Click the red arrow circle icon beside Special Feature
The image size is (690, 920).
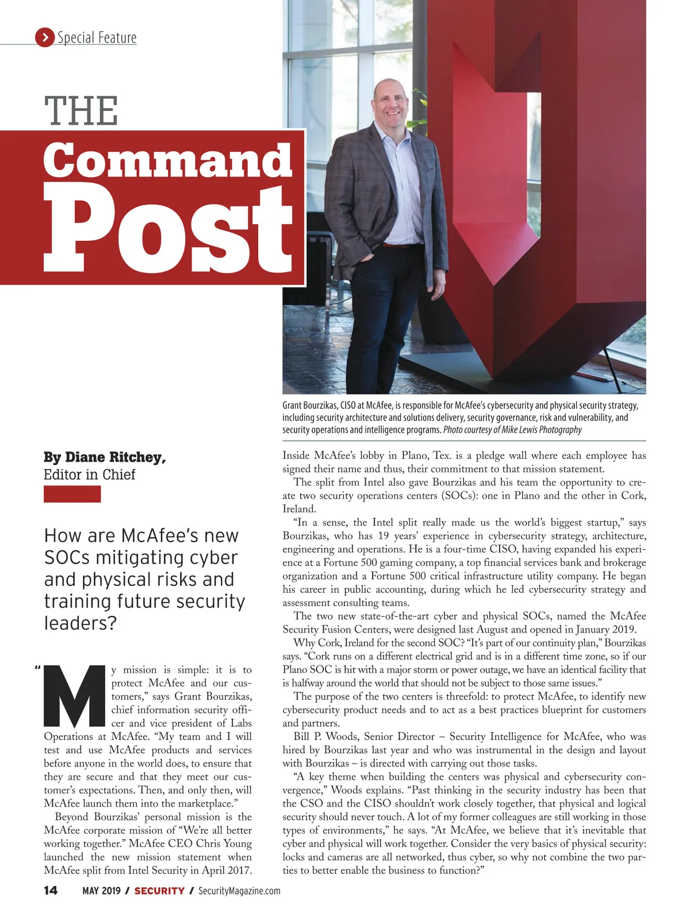pyautogui.click(x=44, y=37)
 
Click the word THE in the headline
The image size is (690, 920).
pyautogui.click(x=81, y=111)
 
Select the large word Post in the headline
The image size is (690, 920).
pyautogui.click(x=167, y=230)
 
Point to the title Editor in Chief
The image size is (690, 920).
pyautogui.click(x=90, y=474)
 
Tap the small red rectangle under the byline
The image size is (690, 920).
pyautogui.click(x=72, y=494)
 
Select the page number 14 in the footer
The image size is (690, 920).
pyautogui.click(x=51, y=891)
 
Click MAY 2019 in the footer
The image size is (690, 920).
pyautogui.click(x=101, y=891)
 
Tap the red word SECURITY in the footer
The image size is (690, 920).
pyautogui.click(x=159, y=891)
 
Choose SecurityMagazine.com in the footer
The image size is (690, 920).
pyautogui.click(x=239, y=891)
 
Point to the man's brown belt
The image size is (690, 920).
pyautogui.click(x=394, y=246)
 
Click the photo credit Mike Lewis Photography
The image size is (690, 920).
pyautogui.click(x=542, y=430)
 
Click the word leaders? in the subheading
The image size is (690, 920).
pyautogui.click(x=80, y=623)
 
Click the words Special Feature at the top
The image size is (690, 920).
pyautogui.click(x=97, y=38)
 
